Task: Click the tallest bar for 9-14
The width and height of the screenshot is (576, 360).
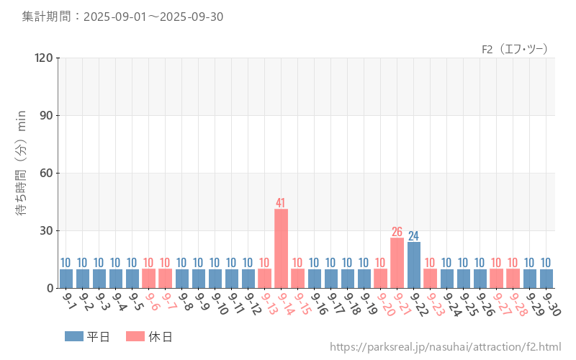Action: coord(281,248)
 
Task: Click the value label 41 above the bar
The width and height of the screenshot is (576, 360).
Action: coord(281,203)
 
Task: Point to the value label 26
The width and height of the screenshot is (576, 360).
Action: coord(397,232)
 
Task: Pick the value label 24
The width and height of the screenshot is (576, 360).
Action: coord(413,236)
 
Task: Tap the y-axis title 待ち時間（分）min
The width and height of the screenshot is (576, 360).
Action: coord(22,173)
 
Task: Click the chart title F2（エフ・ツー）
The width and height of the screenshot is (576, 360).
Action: coord(515,49)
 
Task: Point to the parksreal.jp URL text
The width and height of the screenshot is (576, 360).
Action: coord(446,347)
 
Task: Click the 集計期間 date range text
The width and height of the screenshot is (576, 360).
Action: coord(122,17)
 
